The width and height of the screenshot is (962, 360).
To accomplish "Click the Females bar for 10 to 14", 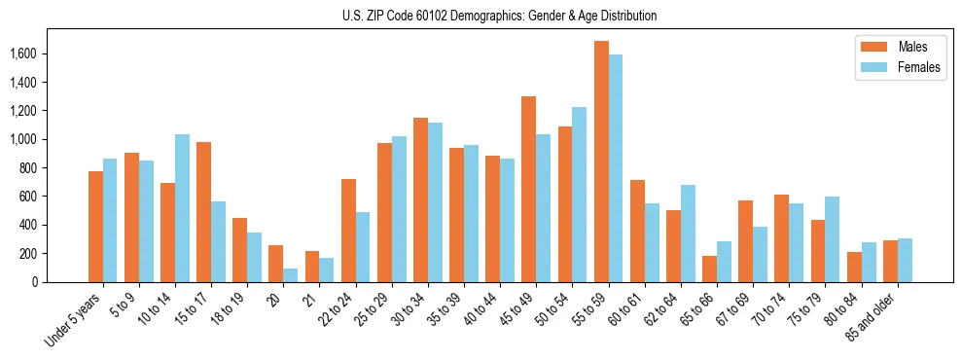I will click(183, 208).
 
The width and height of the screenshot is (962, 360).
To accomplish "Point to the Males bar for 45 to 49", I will click(529, 190).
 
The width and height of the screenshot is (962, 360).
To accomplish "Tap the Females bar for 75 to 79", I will click(832, 239).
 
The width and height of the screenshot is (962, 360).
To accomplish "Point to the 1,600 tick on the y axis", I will click(38, 54).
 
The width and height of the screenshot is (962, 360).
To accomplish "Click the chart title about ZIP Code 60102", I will click(499, 16).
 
